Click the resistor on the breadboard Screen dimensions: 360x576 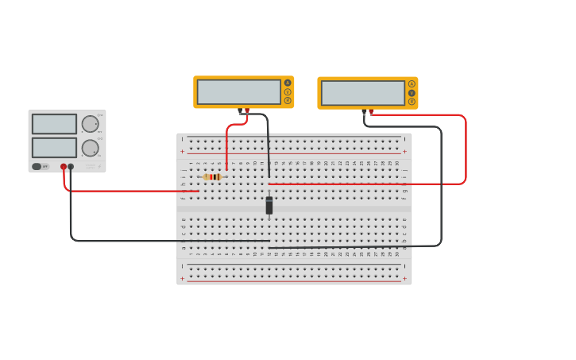[212, 177]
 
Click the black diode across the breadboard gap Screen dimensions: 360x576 [269, 205]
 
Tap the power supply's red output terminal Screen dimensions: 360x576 [64, 167]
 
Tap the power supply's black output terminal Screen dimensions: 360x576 [71, 167]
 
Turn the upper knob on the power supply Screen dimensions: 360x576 [90, 124]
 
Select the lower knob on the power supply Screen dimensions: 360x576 [90, 148]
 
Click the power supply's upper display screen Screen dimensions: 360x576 [54, 124]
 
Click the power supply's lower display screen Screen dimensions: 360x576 [54, 148]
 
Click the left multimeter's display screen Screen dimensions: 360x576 [238, 91]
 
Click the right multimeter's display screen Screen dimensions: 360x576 [362, 92]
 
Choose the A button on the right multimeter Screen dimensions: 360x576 [412, 83]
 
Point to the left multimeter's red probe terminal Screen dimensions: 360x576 [247, 110]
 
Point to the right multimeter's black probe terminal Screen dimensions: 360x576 [364, 111]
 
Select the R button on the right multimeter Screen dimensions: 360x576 [412, 101]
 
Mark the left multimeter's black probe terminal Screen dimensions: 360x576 [240, 110]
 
